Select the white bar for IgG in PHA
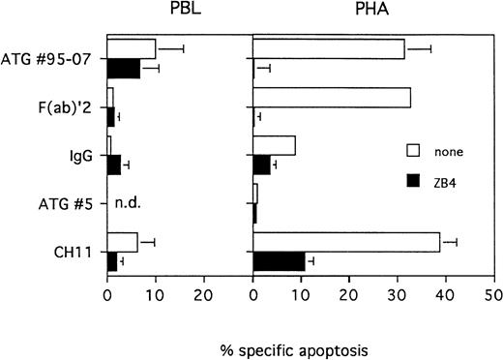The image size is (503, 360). [274, 145]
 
